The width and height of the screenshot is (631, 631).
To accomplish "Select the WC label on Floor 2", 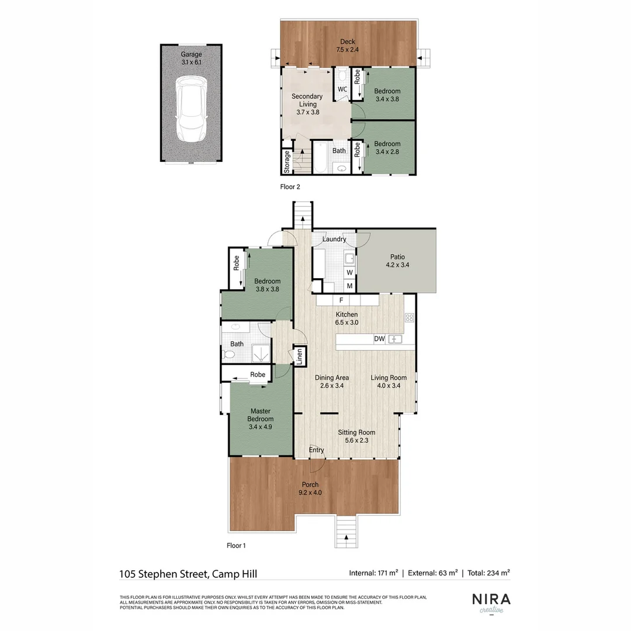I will point(342,89).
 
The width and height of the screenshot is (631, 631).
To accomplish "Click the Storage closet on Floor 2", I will point(287,162).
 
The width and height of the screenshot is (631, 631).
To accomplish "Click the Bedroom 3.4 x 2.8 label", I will point(387,148).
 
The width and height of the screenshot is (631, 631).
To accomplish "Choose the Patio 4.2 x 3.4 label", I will point(398,261).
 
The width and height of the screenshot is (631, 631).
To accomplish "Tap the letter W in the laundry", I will point(349,273).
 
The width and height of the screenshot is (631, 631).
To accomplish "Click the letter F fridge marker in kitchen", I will point(340,300).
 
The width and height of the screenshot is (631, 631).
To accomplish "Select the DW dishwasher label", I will point(379,339).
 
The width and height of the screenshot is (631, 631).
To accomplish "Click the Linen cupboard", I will point(300,356).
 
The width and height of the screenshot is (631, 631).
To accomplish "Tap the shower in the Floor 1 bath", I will point(259,352).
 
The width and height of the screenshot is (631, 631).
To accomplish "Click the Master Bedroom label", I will point(260,415).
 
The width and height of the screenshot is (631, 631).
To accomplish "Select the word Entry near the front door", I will point(316,450).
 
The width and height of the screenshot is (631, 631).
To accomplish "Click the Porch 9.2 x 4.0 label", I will point(311,488).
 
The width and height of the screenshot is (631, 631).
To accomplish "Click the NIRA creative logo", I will point(491,602).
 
